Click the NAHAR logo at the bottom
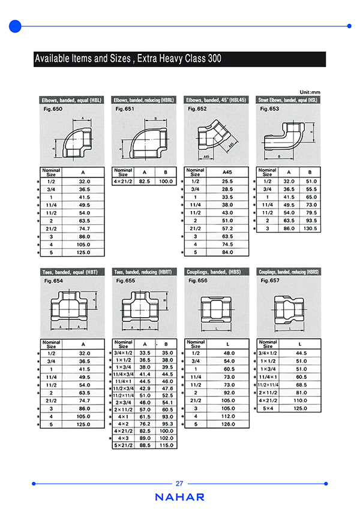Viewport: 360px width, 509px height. coord(179,497)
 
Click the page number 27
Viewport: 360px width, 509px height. coord(179,484)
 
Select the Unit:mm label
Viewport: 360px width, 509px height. coord(310,92)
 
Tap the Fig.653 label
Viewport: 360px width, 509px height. coord(269,109)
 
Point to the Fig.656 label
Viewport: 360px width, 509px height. coord(197,281)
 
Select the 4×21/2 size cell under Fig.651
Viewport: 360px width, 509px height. coord(124,181)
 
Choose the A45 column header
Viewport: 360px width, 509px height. coord(227,171)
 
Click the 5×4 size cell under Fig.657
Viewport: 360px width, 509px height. coord(267,408)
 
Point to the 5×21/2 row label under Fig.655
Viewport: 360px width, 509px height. coord(123,445)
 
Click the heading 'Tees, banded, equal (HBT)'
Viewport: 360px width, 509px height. coord(68,272)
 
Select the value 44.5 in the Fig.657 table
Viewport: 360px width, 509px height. coord(301,354)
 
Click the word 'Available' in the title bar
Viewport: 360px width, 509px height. coord(54,59)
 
